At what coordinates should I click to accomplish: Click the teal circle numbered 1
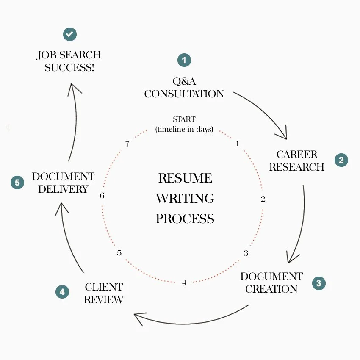[x=184, y=60]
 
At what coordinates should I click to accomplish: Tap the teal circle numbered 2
[x=341, y=160]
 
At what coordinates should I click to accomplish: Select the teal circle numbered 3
[x=319, y=283]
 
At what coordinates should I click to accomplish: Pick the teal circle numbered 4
[x=62, y=292]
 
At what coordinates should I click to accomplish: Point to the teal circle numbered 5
[x=17, y=183]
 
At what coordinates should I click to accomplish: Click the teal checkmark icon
[x=70, y=34]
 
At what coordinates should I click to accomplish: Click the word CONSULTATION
[x=184, y=94]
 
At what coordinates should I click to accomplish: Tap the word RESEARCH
[x=296, y=167]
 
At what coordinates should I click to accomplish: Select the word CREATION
[x=271, y=289]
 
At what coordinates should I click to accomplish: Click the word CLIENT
[x=104, y=287]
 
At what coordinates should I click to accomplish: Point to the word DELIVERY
[x=63, y=189]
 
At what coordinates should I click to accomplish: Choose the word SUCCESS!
[x=69, y=68]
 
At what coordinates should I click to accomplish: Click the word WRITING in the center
[x=185, y=198]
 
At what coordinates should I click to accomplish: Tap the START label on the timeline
[x=184, y=120]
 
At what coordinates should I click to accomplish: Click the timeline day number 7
[x=127, y=144]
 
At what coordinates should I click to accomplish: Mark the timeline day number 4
[x=184, y=282]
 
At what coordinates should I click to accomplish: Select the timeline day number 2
[x=263, y=199]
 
